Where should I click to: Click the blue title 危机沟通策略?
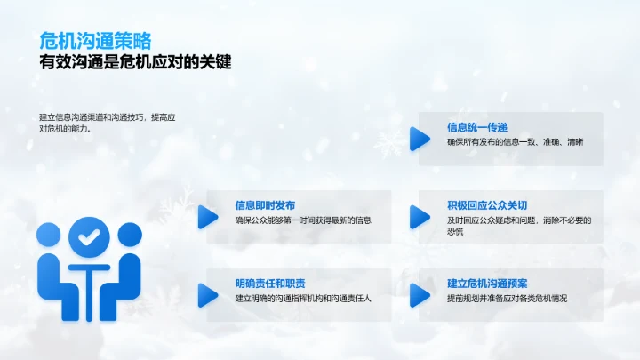[x=95, y=41]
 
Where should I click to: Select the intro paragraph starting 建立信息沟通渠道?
[x=108, y=122]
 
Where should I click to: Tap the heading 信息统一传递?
[x=477, y=127]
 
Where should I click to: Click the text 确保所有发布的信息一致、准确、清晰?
[x=515, y=142]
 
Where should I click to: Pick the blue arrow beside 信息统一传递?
[x=419, y=138]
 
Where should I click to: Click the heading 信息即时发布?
[x=265, y=204]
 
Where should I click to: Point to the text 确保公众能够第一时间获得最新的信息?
[x=303, y=220]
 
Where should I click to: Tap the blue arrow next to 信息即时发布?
[x=207, y=216]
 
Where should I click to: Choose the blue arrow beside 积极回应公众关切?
[x=419, y=216]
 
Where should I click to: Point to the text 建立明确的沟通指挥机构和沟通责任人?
[x=303, y=298]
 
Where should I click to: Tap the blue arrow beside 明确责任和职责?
[x=207, y=294]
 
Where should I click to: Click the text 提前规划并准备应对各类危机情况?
[x=507, y=298]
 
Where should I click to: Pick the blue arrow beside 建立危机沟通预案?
[x=419, y=294]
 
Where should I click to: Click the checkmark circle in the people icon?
[x=88, y=237]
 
